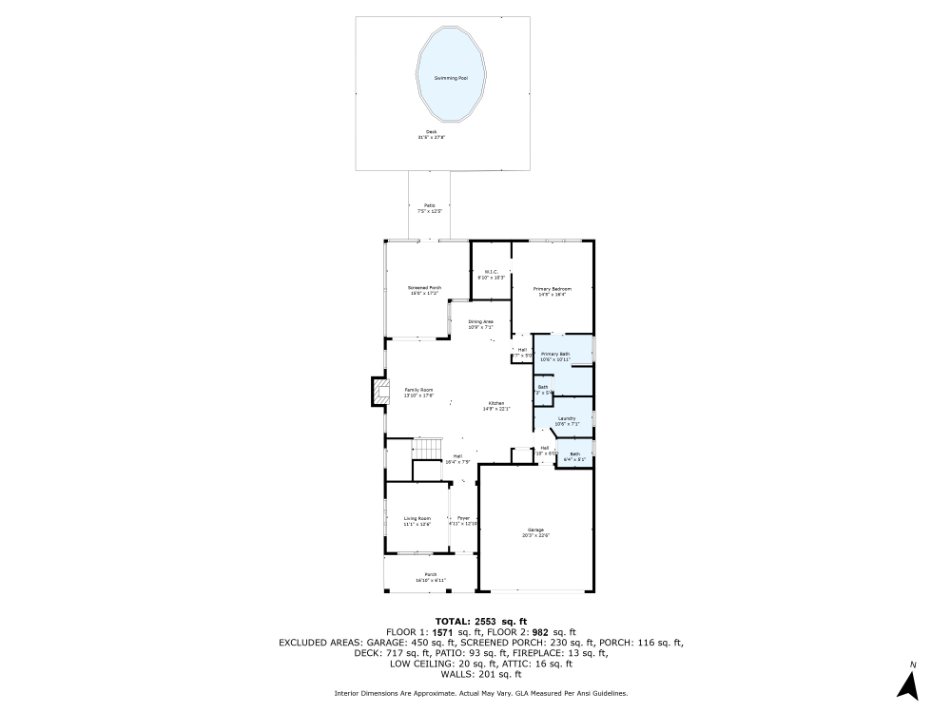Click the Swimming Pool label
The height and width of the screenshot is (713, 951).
tap(451, 78)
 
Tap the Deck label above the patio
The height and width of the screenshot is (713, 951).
tap(431, 132)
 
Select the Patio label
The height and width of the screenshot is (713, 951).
tap(430, 205)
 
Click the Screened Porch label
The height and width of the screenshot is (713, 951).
tap(424, 288)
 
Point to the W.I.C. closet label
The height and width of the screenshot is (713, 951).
tap(491, 273)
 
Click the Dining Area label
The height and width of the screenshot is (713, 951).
tap(481, 321)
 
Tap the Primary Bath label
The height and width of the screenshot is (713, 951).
tap(555, 354)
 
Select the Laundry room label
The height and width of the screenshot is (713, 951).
tap(567, 417)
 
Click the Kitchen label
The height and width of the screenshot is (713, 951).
tap(496, 403)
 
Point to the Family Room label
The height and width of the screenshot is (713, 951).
tap(418, 390)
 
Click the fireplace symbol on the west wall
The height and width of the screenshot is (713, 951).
tap(380, 392)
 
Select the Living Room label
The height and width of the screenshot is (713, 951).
tap(417, 518)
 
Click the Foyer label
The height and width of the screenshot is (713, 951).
tap(464, 518)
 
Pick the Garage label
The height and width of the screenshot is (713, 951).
tap(535, 530)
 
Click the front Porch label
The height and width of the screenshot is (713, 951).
tap(431, 574)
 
